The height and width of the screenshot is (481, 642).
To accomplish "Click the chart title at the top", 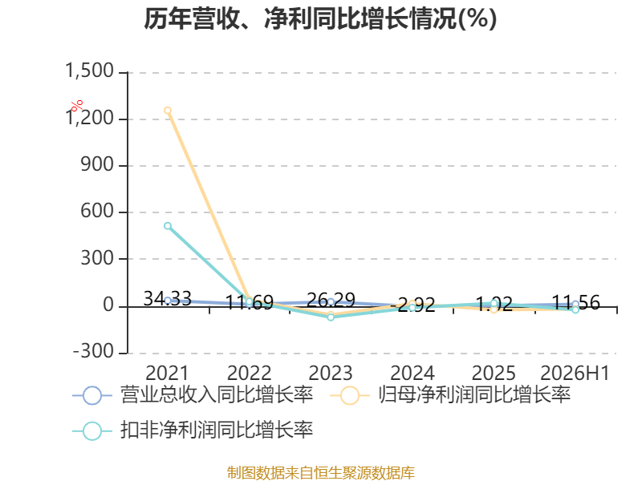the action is coord(320,18).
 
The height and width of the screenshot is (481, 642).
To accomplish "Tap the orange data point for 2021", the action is coord(168,111).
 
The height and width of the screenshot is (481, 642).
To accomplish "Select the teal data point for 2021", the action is coord(168,226).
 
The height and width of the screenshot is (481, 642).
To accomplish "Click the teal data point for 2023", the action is coord(331,317).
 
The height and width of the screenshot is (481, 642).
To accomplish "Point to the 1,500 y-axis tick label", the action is coord(89,71).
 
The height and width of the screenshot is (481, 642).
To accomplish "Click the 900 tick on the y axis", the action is coord(97,164).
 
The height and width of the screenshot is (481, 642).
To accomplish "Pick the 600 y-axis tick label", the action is coord(97,211).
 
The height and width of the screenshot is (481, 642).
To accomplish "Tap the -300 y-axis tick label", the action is coord(93,351).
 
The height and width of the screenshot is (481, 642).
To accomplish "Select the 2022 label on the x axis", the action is coord(249,373).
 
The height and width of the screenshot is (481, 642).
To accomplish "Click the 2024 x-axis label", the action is coord(412,373).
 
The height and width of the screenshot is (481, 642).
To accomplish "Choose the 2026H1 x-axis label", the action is coord(575,373).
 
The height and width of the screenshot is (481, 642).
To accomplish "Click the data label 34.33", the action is coord(168,298).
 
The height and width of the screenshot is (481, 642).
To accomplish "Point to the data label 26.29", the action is coord(331,300).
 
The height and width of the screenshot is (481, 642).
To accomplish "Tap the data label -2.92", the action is coord(412,305).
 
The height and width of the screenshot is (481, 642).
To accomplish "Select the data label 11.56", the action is coord(575,303).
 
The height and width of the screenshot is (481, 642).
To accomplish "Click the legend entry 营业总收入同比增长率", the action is coord(193,395).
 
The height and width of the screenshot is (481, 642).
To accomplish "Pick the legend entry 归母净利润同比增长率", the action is coord(450,395).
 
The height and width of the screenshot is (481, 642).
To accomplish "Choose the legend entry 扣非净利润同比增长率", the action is coord(193,430).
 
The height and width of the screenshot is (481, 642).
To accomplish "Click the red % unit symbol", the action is coord(76,106).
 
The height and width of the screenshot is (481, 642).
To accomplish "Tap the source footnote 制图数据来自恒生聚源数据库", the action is coord(321,473).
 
